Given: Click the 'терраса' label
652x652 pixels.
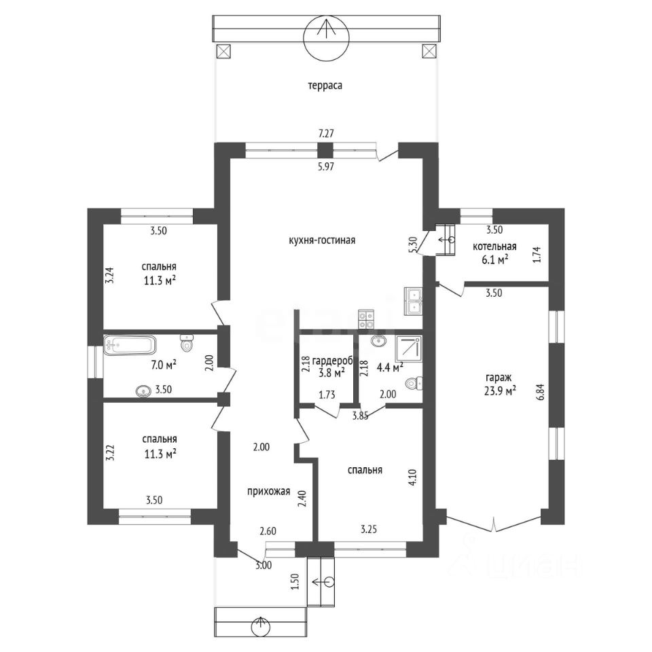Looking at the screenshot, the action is [x=325, y=86].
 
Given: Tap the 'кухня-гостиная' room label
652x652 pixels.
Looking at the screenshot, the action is [x=322, y=240].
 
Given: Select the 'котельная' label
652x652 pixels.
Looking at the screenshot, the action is [x=495, y=247].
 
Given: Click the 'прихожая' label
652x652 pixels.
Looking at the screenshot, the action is [x=269, y=492].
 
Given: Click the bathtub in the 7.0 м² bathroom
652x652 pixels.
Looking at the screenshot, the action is [x=130, y=345].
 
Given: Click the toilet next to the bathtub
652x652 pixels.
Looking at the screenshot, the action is [x=187, y=344].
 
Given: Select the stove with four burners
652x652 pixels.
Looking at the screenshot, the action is [x=366, y=319].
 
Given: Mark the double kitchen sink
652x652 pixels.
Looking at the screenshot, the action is [x=413, y=301].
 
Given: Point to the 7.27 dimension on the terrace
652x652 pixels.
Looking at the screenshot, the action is [x=326, y=134].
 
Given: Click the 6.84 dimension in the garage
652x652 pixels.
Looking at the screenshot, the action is [x=539, y=392].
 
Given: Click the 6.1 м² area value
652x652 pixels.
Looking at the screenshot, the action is [x=495, y=260].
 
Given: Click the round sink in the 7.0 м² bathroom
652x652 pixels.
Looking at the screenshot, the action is [x=143, y=391].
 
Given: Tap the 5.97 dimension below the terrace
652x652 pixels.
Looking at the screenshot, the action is [x=326, y=167].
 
